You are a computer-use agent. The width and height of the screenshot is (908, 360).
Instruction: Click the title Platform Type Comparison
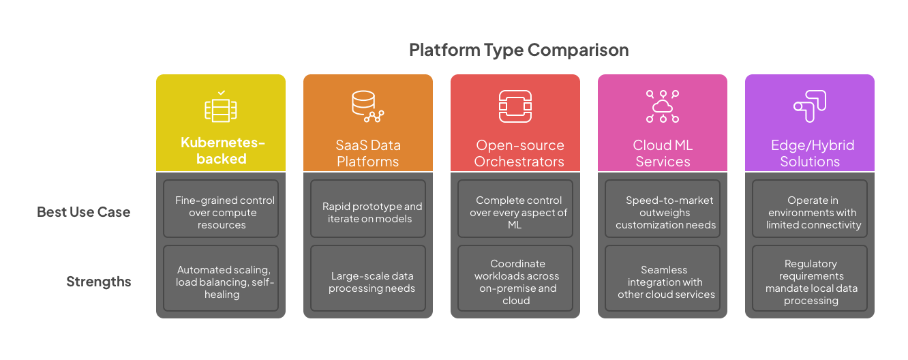(518, 50)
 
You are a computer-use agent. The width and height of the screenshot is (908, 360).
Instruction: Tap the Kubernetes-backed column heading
(222, 151)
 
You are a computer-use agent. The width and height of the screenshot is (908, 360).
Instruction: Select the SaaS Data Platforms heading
(368, 153)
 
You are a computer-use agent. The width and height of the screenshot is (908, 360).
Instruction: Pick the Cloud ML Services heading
(663, 153)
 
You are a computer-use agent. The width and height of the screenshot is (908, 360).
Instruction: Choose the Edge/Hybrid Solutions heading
(810, 153)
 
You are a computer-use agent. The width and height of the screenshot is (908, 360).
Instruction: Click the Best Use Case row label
(83, 212)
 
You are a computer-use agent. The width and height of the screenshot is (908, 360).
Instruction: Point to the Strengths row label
(98, 282)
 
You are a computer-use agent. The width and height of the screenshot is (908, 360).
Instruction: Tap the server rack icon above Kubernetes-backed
(221, 108)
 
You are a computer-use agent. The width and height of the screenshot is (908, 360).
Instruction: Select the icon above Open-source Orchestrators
(515, 107)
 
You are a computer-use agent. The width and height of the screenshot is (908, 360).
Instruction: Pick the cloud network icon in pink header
(663, 107)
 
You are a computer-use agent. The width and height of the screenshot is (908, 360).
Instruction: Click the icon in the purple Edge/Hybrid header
(810, 107)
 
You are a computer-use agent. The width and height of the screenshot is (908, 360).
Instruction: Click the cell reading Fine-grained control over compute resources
(221, 212)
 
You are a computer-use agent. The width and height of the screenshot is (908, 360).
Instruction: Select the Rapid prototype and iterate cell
(368, 212)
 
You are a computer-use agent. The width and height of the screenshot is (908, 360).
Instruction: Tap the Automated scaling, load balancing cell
(221, 282)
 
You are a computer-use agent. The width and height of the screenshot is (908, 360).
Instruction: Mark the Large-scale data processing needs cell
(368, 282)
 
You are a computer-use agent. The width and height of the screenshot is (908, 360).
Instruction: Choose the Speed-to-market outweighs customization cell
(663, 212)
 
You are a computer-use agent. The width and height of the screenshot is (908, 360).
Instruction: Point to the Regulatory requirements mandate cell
(810, 282)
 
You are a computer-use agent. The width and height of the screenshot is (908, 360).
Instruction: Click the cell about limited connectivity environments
(810, 212)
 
